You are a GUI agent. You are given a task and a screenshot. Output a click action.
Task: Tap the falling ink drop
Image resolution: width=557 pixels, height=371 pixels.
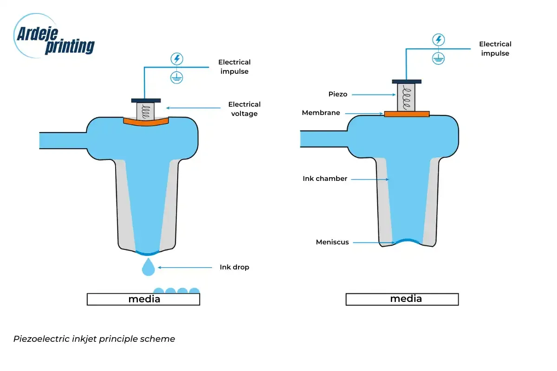148,268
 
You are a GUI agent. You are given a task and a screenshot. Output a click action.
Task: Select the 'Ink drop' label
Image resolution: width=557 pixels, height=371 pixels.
234,267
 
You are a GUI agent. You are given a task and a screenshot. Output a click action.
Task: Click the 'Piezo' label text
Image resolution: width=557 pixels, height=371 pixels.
338,94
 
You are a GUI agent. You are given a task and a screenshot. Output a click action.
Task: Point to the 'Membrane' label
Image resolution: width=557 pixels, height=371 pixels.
321,113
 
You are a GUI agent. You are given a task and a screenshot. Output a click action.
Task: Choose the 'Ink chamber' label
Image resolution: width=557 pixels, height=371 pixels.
325,179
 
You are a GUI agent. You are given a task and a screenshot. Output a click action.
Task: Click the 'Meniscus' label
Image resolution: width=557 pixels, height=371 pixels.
332,242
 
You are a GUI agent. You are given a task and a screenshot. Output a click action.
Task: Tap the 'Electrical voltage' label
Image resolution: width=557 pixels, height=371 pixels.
244,109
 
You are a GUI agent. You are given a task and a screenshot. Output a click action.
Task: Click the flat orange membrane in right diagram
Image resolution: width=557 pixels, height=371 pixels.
407,114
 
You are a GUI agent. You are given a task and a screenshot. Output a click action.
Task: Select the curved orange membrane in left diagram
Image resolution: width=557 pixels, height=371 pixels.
146,122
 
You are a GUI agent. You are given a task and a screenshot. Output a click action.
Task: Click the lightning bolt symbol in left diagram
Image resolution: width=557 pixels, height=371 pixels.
176,59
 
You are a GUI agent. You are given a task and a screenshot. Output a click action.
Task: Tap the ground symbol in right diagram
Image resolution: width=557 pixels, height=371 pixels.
438,58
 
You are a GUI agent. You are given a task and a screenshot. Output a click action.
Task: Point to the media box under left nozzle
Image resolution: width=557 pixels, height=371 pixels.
143,300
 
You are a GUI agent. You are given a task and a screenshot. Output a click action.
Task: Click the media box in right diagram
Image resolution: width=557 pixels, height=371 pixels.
402,299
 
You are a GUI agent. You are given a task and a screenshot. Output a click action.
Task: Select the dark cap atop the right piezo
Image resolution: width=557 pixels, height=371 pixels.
407,82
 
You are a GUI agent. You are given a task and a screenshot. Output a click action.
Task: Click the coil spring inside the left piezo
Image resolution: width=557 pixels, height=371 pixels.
146,111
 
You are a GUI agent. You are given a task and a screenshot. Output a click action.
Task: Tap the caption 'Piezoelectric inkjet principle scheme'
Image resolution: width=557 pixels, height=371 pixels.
94,339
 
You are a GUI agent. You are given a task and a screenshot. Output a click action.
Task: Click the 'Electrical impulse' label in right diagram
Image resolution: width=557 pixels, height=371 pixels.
495,49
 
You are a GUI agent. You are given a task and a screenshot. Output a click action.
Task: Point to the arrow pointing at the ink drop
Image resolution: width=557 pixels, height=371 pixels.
186,267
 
